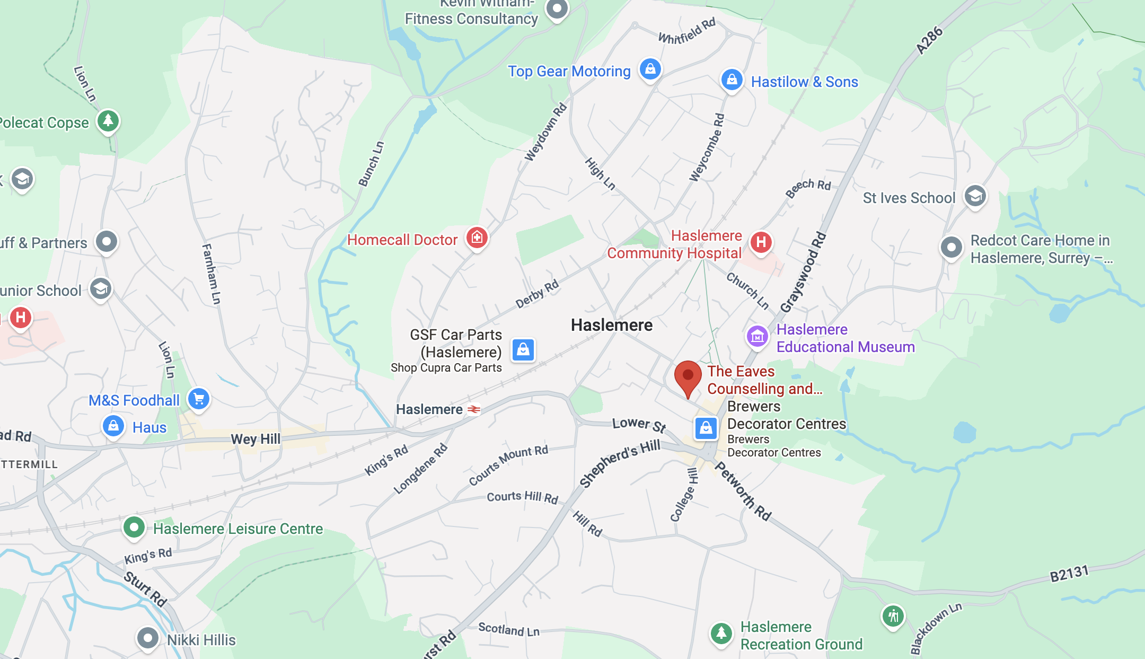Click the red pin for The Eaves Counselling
(688, 376)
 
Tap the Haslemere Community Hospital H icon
(761, 242)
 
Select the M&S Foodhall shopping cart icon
(199, 399)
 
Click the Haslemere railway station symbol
(474, 409)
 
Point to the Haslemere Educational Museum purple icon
(757, 337)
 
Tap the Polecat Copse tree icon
(108, 121)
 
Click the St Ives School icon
(975, 197)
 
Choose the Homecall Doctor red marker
(477, 238)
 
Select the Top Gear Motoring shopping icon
(650, 69)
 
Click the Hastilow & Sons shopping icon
(732, 80)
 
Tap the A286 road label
(929, 40)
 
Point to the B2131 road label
(1069, 574)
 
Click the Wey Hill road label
(256, 439)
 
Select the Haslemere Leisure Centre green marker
(134, 528)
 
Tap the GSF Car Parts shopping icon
(523, 350)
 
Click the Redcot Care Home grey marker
(951, 247)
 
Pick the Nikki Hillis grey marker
(147, 638)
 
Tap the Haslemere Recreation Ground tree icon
(721, 633)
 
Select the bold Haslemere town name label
(612, 325)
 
